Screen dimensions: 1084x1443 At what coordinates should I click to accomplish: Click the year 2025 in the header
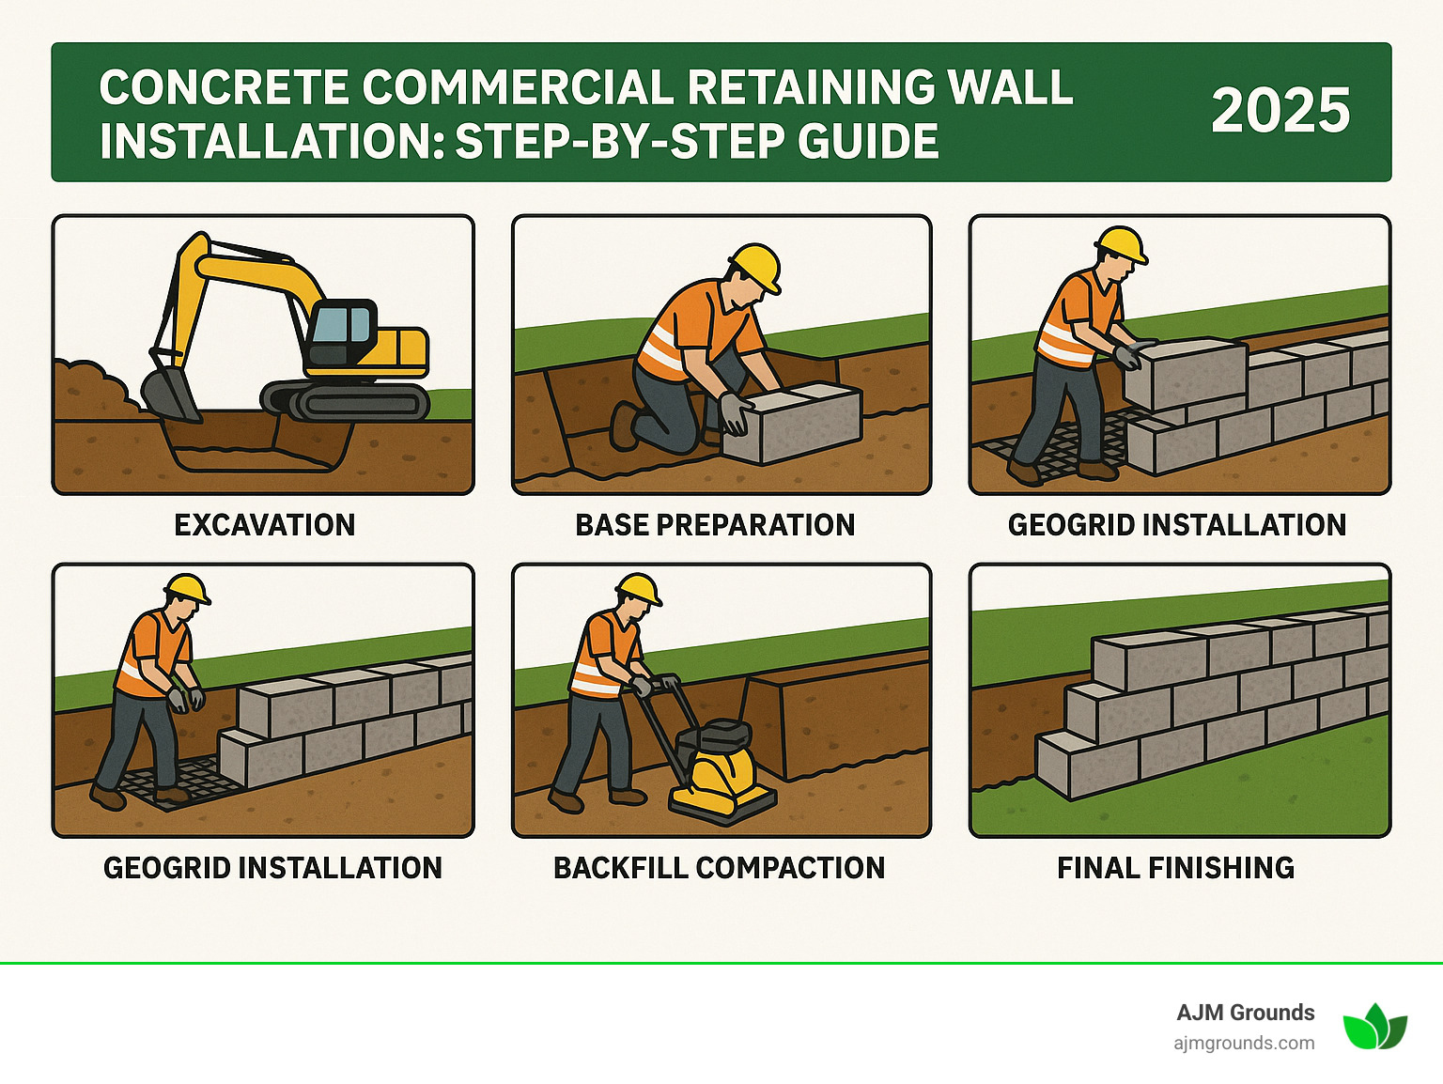pyautogui.click(x=1280, y=111)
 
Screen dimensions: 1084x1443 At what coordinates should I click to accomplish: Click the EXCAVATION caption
pyautogui.click(x=265, y=525)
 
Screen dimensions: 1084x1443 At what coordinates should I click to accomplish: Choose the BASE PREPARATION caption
pyautogui.click(x=715, y=525)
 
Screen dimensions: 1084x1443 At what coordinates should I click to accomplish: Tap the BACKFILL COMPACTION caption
pyautogui.click(x=719, y=868)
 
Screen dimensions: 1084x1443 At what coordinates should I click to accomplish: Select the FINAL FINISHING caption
pyautogui.click(x=1175, y=868)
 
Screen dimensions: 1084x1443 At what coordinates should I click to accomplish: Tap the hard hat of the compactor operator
pyautogui.click(x=639, y=589)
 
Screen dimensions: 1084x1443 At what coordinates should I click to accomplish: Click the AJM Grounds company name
pyautogui.click(x=1245, y=1013)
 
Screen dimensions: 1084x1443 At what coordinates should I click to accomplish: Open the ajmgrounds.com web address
pyautogui.click(x=1244, y=1043)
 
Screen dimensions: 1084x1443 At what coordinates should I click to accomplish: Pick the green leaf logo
pyautogui.click(x=1374, y=1027)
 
